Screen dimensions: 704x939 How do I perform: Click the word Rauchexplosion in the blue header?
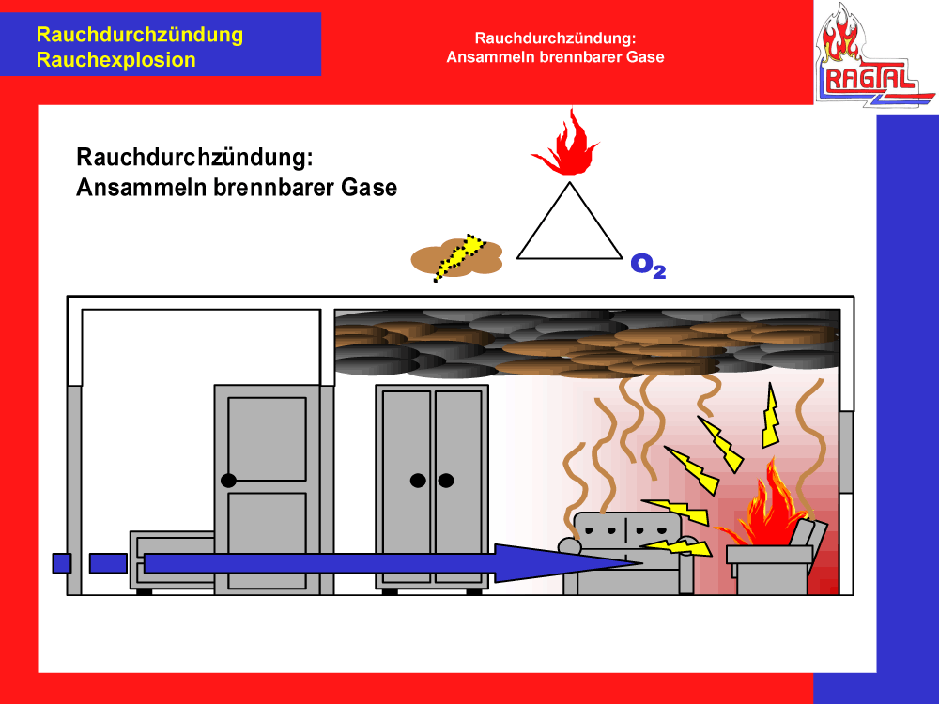click(115, 60)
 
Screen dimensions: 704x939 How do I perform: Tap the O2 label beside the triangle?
click(648, 266)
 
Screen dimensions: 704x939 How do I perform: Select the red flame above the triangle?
click(564, 145)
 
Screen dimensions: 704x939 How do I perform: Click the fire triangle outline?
click(569, 225)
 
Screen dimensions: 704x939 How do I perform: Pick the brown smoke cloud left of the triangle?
click(457, 255)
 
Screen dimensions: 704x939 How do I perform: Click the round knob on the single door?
click(228, 481)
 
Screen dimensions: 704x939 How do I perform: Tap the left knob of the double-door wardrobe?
click(418, 481)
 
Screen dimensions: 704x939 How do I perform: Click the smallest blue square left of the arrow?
click(62, 563)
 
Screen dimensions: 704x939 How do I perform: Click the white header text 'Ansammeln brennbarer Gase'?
click(556, 56)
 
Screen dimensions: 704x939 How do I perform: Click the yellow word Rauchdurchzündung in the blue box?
click(139, 36)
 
